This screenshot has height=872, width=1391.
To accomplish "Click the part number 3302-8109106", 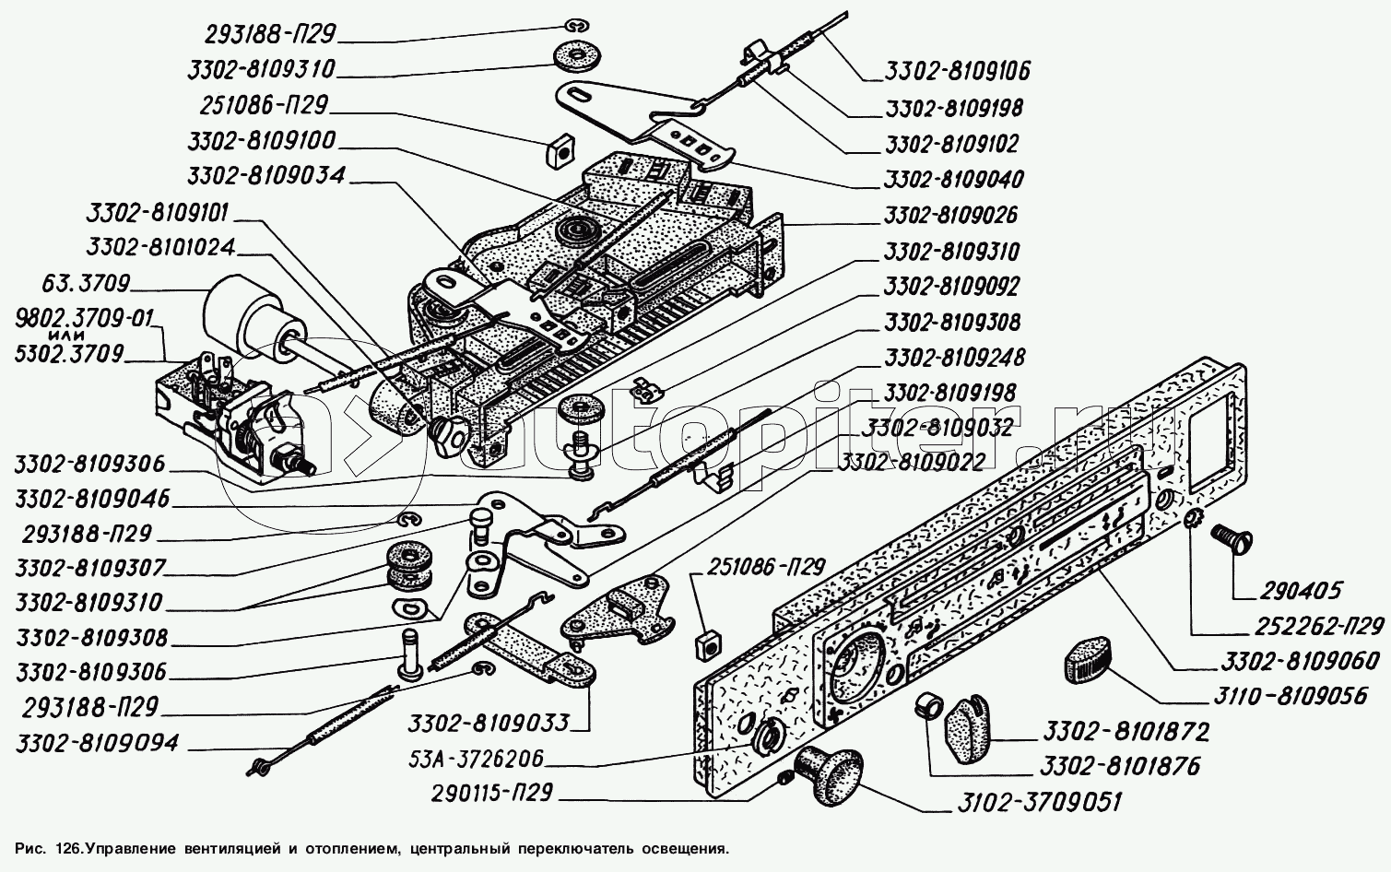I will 957,70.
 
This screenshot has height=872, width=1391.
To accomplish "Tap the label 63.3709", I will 88,283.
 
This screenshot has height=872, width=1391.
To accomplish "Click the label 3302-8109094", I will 97,743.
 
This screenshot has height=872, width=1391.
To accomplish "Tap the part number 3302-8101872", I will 1126,732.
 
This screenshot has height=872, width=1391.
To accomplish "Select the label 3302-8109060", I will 1300,661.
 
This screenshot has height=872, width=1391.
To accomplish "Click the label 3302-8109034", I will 267,176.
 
